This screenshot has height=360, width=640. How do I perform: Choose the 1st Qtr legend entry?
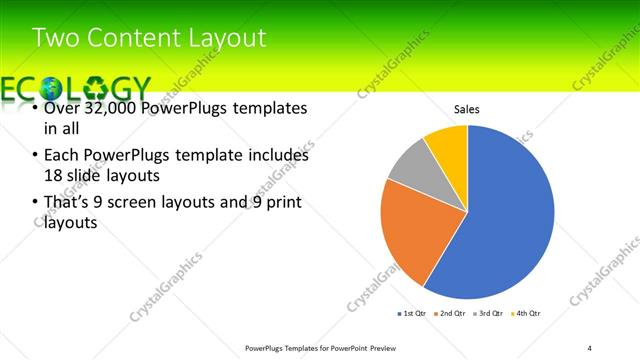412,314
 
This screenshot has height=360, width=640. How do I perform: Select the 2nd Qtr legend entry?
451,314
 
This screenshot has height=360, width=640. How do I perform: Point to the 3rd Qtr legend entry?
489,314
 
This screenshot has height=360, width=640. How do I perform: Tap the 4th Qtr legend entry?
526,314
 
